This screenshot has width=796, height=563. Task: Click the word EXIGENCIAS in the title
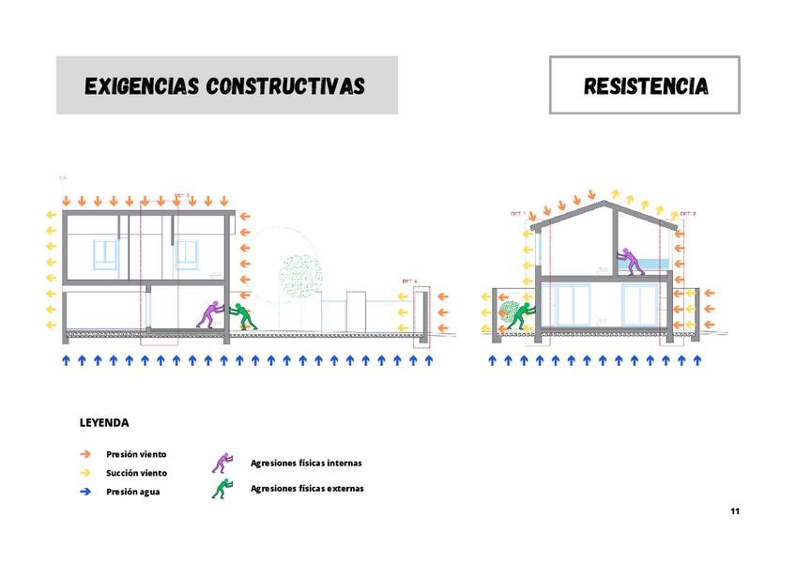pyautogui.click(x=142, y=86)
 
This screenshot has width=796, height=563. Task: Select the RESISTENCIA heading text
pyautogui.click(x=645, y=86)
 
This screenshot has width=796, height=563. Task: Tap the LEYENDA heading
pyautogui.click(x=104, y=422)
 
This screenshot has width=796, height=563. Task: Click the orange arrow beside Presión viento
pyautogui.click(x=85, y=454)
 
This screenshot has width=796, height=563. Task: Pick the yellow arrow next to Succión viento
pyautogui.click(x=85, y=473)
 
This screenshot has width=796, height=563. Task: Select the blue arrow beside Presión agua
pyautogui.click(x=85, y=492)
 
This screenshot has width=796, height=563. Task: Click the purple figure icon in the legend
pyautogui.click(x=222, y=462)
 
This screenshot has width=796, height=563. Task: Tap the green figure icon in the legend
pyautogui.click(x=222, y=488)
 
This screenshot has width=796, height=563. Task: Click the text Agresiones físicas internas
pyautogui.click(x=306, y=463)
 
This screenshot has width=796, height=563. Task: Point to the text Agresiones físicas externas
pyautogui.click(x=307, y=488)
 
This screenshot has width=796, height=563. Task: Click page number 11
pyautogui.click(x=735, y=511)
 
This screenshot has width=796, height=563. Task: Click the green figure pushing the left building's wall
pyautogui.click(x=245, y=315)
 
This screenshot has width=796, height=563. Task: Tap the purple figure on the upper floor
pyautogui.click(x=630, y=260)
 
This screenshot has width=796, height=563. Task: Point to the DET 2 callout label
pyautogui.click(x=688, y=214)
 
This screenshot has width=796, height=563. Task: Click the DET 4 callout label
pyautogui.click(x=409, y=281)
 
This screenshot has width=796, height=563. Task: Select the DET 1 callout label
pyautogui.click(x=517, y=214)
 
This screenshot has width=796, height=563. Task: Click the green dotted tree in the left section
pyautogui.click(x=299, y=274)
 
